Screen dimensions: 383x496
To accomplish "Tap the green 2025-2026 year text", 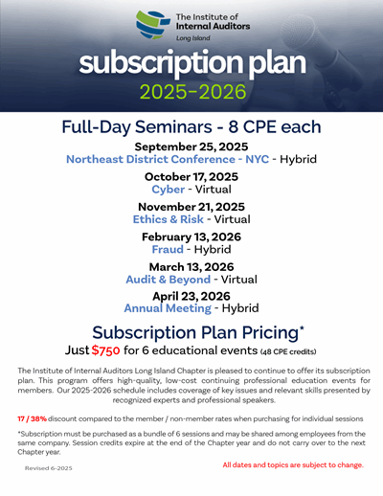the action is pos(193,92).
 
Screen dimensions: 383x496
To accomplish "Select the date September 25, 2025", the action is pos(191,147).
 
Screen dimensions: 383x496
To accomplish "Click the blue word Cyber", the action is pos(168,190).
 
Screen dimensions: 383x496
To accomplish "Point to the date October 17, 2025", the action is pos(191,177).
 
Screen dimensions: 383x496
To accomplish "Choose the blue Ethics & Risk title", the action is pos(169,219).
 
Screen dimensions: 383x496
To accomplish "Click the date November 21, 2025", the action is pos(191,207).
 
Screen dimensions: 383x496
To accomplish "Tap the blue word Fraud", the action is pos(168,249).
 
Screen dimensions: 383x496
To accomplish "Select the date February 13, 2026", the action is pos(191,237).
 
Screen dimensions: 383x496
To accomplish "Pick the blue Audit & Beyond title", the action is pos(169,280).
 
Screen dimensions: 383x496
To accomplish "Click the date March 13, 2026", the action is pos(191,267).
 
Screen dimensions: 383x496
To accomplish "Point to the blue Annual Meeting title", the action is pos(168,308).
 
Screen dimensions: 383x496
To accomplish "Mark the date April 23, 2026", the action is pos(191,296).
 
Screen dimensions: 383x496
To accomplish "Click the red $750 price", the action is pos(105,350).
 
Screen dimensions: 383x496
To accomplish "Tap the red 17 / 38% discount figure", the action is pos(33,418).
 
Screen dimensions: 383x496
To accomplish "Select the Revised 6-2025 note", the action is pos(49,468).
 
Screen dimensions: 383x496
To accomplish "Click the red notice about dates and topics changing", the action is pos(293,465).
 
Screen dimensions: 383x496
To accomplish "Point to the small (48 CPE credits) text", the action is pos(288,351).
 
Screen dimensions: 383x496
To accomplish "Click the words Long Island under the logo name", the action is pos(193,38).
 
